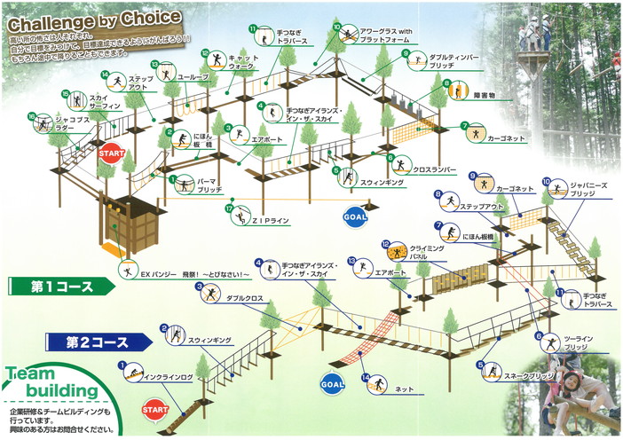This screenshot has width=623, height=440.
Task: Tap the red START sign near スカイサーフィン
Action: (x=112, y=153)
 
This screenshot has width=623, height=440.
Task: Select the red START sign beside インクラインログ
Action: (x=155, y=410)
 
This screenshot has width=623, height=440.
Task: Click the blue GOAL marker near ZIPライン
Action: (x=354, y=216)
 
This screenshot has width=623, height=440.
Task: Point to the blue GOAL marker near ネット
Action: (x=331, y=383)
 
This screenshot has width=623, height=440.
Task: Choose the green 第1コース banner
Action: (x=60, y=286)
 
